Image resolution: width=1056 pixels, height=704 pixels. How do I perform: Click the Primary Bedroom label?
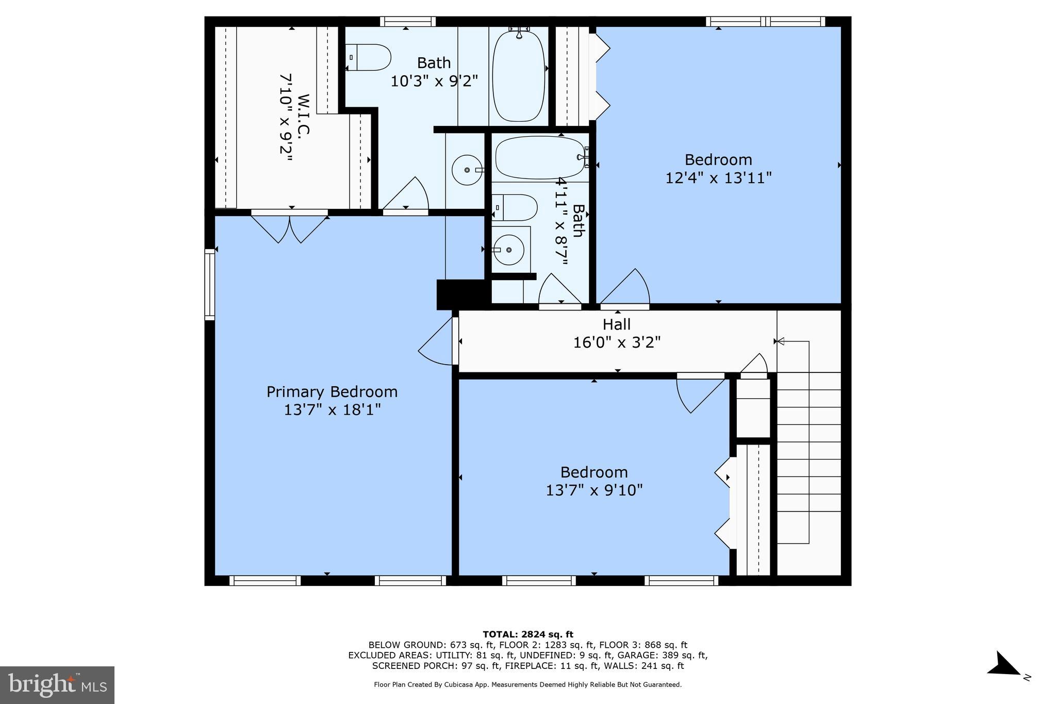click(332, 392)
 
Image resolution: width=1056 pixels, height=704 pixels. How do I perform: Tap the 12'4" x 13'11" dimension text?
click(718, 178)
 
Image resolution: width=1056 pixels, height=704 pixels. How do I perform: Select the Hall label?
click(617, 324)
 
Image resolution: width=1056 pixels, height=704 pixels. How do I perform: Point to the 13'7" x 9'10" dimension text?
click(594, 490)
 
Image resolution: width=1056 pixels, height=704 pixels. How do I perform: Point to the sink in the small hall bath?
click(508, 250)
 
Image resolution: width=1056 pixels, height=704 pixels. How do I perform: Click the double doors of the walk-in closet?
click(290, 227)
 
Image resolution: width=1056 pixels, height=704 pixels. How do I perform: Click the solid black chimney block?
click(460, 294)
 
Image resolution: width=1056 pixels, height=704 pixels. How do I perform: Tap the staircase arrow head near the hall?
click(780, 341)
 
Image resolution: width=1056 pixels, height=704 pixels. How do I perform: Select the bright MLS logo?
click(57, 685)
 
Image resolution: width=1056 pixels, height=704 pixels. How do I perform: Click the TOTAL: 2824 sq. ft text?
click(527, 634)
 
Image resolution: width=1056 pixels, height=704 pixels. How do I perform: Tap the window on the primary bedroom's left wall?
click(209, 284)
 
